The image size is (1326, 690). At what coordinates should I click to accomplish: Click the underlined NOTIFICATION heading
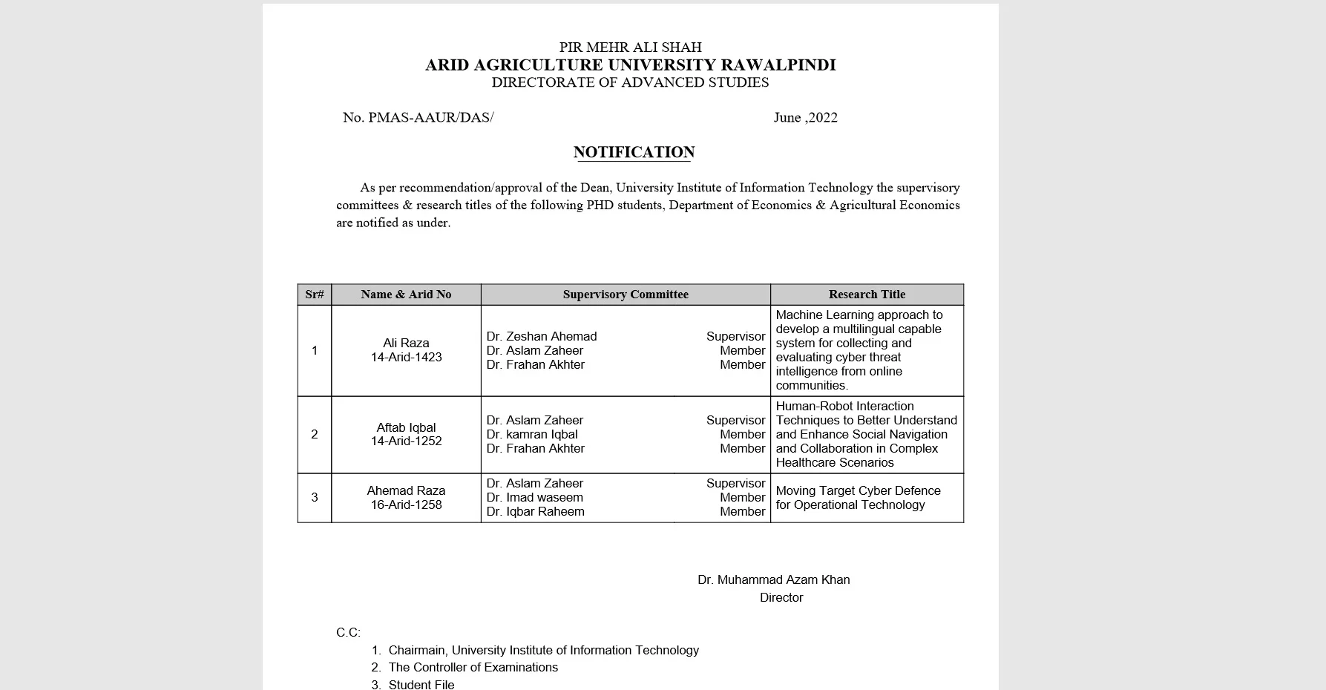click(634, 152)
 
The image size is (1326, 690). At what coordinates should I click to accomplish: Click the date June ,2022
click(805, 117)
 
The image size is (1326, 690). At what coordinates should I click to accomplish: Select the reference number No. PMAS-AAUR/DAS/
click(418, 117)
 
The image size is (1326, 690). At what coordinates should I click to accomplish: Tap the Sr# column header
click(315, 295)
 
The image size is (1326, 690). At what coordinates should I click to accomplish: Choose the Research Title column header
click(867, 295)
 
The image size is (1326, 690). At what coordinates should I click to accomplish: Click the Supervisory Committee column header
click(626, 295)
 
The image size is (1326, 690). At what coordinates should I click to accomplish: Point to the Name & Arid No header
click(406, 295)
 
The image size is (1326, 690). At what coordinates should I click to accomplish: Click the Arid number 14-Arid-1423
click(406, 357)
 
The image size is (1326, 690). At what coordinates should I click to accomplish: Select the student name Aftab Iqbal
click(406, 427)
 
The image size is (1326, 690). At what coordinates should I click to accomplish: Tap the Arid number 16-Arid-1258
click(406, 505)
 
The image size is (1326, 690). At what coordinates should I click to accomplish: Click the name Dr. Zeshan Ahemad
click(542, 336)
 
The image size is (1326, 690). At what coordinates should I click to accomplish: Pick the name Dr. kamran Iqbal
click(532, 434)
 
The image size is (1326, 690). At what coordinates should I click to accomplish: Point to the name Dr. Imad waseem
click(534, 497)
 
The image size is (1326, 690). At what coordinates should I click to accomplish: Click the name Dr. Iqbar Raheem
click(535, 511)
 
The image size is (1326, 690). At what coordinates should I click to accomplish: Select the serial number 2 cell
click(315, 434)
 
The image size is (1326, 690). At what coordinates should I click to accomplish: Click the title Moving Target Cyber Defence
click(858, 490)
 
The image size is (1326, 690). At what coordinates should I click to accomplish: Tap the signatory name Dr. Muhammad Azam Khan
click(773, 579)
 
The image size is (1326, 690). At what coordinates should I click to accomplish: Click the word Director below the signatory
click(781, 597)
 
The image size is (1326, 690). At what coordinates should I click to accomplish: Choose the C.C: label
click(348, 632)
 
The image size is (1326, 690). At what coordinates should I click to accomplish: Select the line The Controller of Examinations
click(473, 667)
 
